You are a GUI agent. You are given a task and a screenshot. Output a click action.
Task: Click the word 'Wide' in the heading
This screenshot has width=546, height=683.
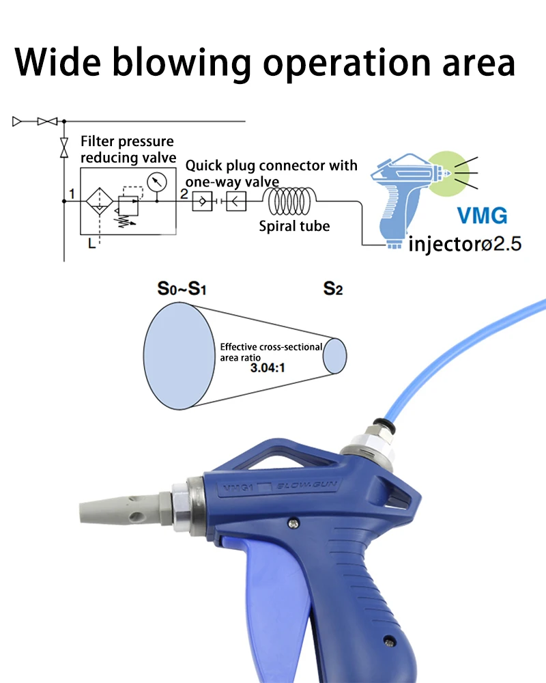coord(58,61)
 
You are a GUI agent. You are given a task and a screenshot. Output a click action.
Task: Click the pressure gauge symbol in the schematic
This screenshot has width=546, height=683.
coord(157,182)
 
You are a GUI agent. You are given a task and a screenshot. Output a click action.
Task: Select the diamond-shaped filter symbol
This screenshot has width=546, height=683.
coord(99,201)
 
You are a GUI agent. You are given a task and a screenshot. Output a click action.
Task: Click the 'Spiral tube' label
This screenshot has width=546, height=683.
coord(294,226)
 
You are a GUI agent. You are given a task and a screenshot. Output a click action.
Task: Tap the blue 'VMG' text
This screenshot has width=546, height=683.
coord(483,216)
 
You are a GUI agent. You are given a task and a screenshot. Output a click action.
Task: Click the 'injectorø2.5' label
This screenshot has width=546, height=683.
coord(465,244)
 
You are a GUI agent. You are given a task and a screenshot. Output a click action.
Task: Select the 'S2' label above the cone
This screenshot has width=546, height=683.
coord(333,288)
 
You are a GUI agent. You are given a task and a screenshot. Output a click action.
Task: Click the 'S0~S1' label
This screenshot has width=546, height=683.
coord(182,288)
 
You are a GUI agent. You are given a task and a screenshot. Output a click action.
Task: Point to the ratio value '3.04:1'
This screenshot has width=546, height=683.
coord(268,368)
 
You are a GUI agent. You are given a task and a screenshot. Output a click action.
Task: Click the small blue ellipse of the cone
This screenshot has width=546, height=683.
coord(335,356)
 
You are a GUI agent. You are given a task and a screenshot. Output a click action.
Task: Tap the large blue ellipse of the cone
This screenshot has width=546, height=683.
coord(179,356)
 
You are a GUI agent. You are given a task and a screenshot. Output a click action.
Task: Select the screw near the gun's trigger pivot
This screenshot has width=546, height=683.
coord(294,523)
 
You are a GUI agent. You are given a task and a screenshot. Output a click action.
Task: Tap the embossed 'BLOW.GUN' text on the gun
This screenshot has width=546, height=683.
coord(307,485)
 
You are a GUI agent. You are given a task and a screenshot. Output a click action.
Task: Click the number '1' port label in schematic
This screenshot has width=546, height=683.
coord(72,193)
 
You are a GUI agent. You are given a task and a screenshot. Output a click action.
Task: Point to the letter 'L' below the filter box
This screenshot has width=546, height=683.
coord(91,243)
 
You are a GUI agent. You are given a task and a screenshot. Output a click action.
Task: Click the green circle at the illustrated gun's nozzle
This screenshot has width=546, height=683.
coord(448,173)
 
